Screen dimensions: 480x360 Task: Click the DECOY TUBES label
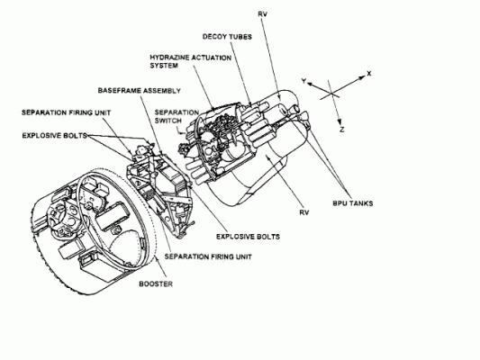point(227,37)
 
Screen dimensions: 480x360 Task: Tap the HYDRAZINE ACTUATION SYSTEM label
point(190,61)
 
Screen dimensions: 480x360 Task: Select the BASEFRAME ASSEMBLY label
point(140,91)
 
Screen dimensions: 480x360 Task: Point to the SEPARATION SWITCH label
point(177,116)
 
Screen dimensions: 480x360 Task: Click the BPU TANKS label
point(353,203)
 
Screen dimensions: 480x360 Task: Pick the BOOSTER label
point(156,283)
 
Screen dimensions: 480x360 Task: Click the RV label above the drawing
point(263,14)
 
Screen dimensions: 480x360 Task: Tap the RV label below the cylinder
point(304,212)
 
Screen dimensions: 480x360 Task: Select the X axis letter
point(369,74)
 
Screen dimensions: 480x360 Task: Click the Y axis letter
point(303,81)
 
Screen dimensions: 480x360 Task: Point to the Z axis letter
point(342,130)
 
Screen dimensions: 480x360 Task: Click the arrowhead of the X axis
point(363,77)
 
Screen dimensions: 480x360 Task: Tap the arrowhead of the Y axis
point(310,84)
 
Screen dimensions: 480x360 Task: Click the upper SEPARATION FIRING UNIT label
point(66,112)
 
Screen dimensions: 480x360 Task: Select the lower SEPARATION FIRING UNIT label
point(208,256)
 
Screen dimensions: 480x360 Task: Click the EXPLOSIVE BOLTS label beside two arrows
point(55,136)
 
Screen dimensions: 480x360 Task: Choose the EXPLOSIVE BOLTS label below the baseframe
point(248,237)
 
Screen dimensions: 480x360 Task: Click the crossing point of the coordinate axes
point(331,93)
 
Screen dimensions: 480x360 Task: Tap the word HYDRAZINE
point(168,58)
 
